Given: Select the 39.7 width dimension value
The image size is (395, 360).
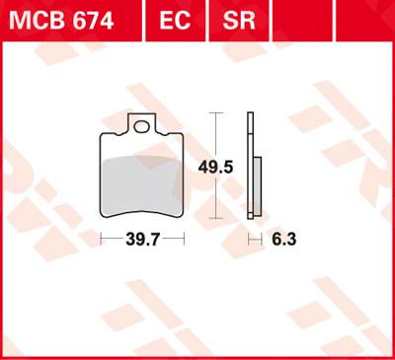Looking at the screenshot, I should click(x=142, y=238).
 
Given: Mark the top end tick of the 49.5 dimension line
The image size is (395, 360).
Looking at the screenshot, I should click(x=214, y=114).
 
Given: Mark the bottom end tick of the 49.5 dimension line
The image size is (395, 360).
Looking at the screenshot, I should click(x=214, y=219).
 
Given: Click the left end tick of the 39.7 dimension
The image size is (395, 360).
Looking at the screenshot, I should click(x=101, y=238).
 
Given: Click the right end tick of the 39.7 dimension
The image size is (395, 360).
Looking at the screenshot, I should click(x=184, y=238).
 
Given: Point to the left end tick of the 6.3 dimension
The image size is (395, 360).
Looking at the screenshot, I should click(x=247, y=238).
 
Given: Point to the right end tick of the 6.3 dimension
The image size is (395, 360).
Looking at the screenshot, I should click(x=260, y=238).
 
